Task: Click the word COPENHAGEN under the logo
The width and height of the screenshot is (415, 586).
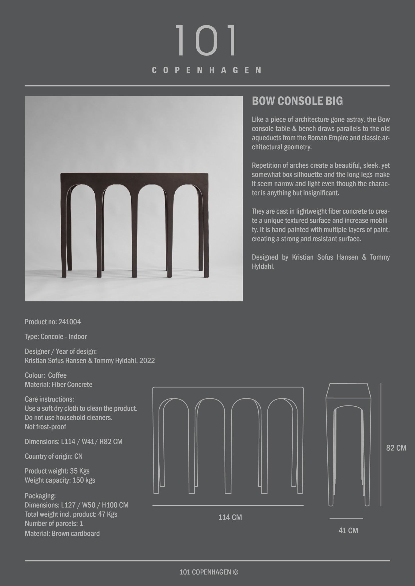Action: tap(206, 70)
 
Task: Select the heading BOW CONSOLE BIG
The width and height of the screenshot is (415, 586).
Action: tap(297, 101)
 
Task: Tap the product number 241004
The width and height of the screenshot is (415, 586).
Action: tap(70, 322)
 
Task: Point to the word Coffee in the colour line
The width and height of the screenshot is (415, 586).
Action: tap(57, 375)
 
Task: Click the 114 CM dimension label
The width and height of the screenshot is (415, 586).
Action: tap(230, 517)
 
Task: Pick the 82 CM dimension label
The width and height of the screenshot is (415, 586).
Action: tap(396, 448)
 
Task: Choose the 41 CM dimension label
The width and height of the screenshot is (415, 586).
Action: tap(348, 530)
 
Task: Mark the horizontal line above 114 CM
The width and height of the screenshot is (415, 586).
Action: tap(228, 506)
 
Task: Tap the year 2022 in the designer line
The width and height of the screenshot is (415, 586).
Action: tap(147, 361)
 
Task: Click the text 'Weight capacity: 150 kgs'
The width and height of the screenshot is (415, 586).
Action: tap(60, 480)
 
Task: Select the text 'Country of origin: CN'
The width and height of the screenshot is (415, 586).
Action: tap(54, 456)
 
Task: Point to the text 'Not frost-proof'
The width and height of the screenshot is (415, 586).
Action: tap(45, 427)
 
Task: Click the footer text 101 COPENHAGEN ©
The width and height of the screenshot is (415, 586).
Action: tap(209, 572)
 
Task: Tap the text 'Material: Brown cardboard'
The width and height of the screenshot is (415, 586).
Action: tap(62, 533)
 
